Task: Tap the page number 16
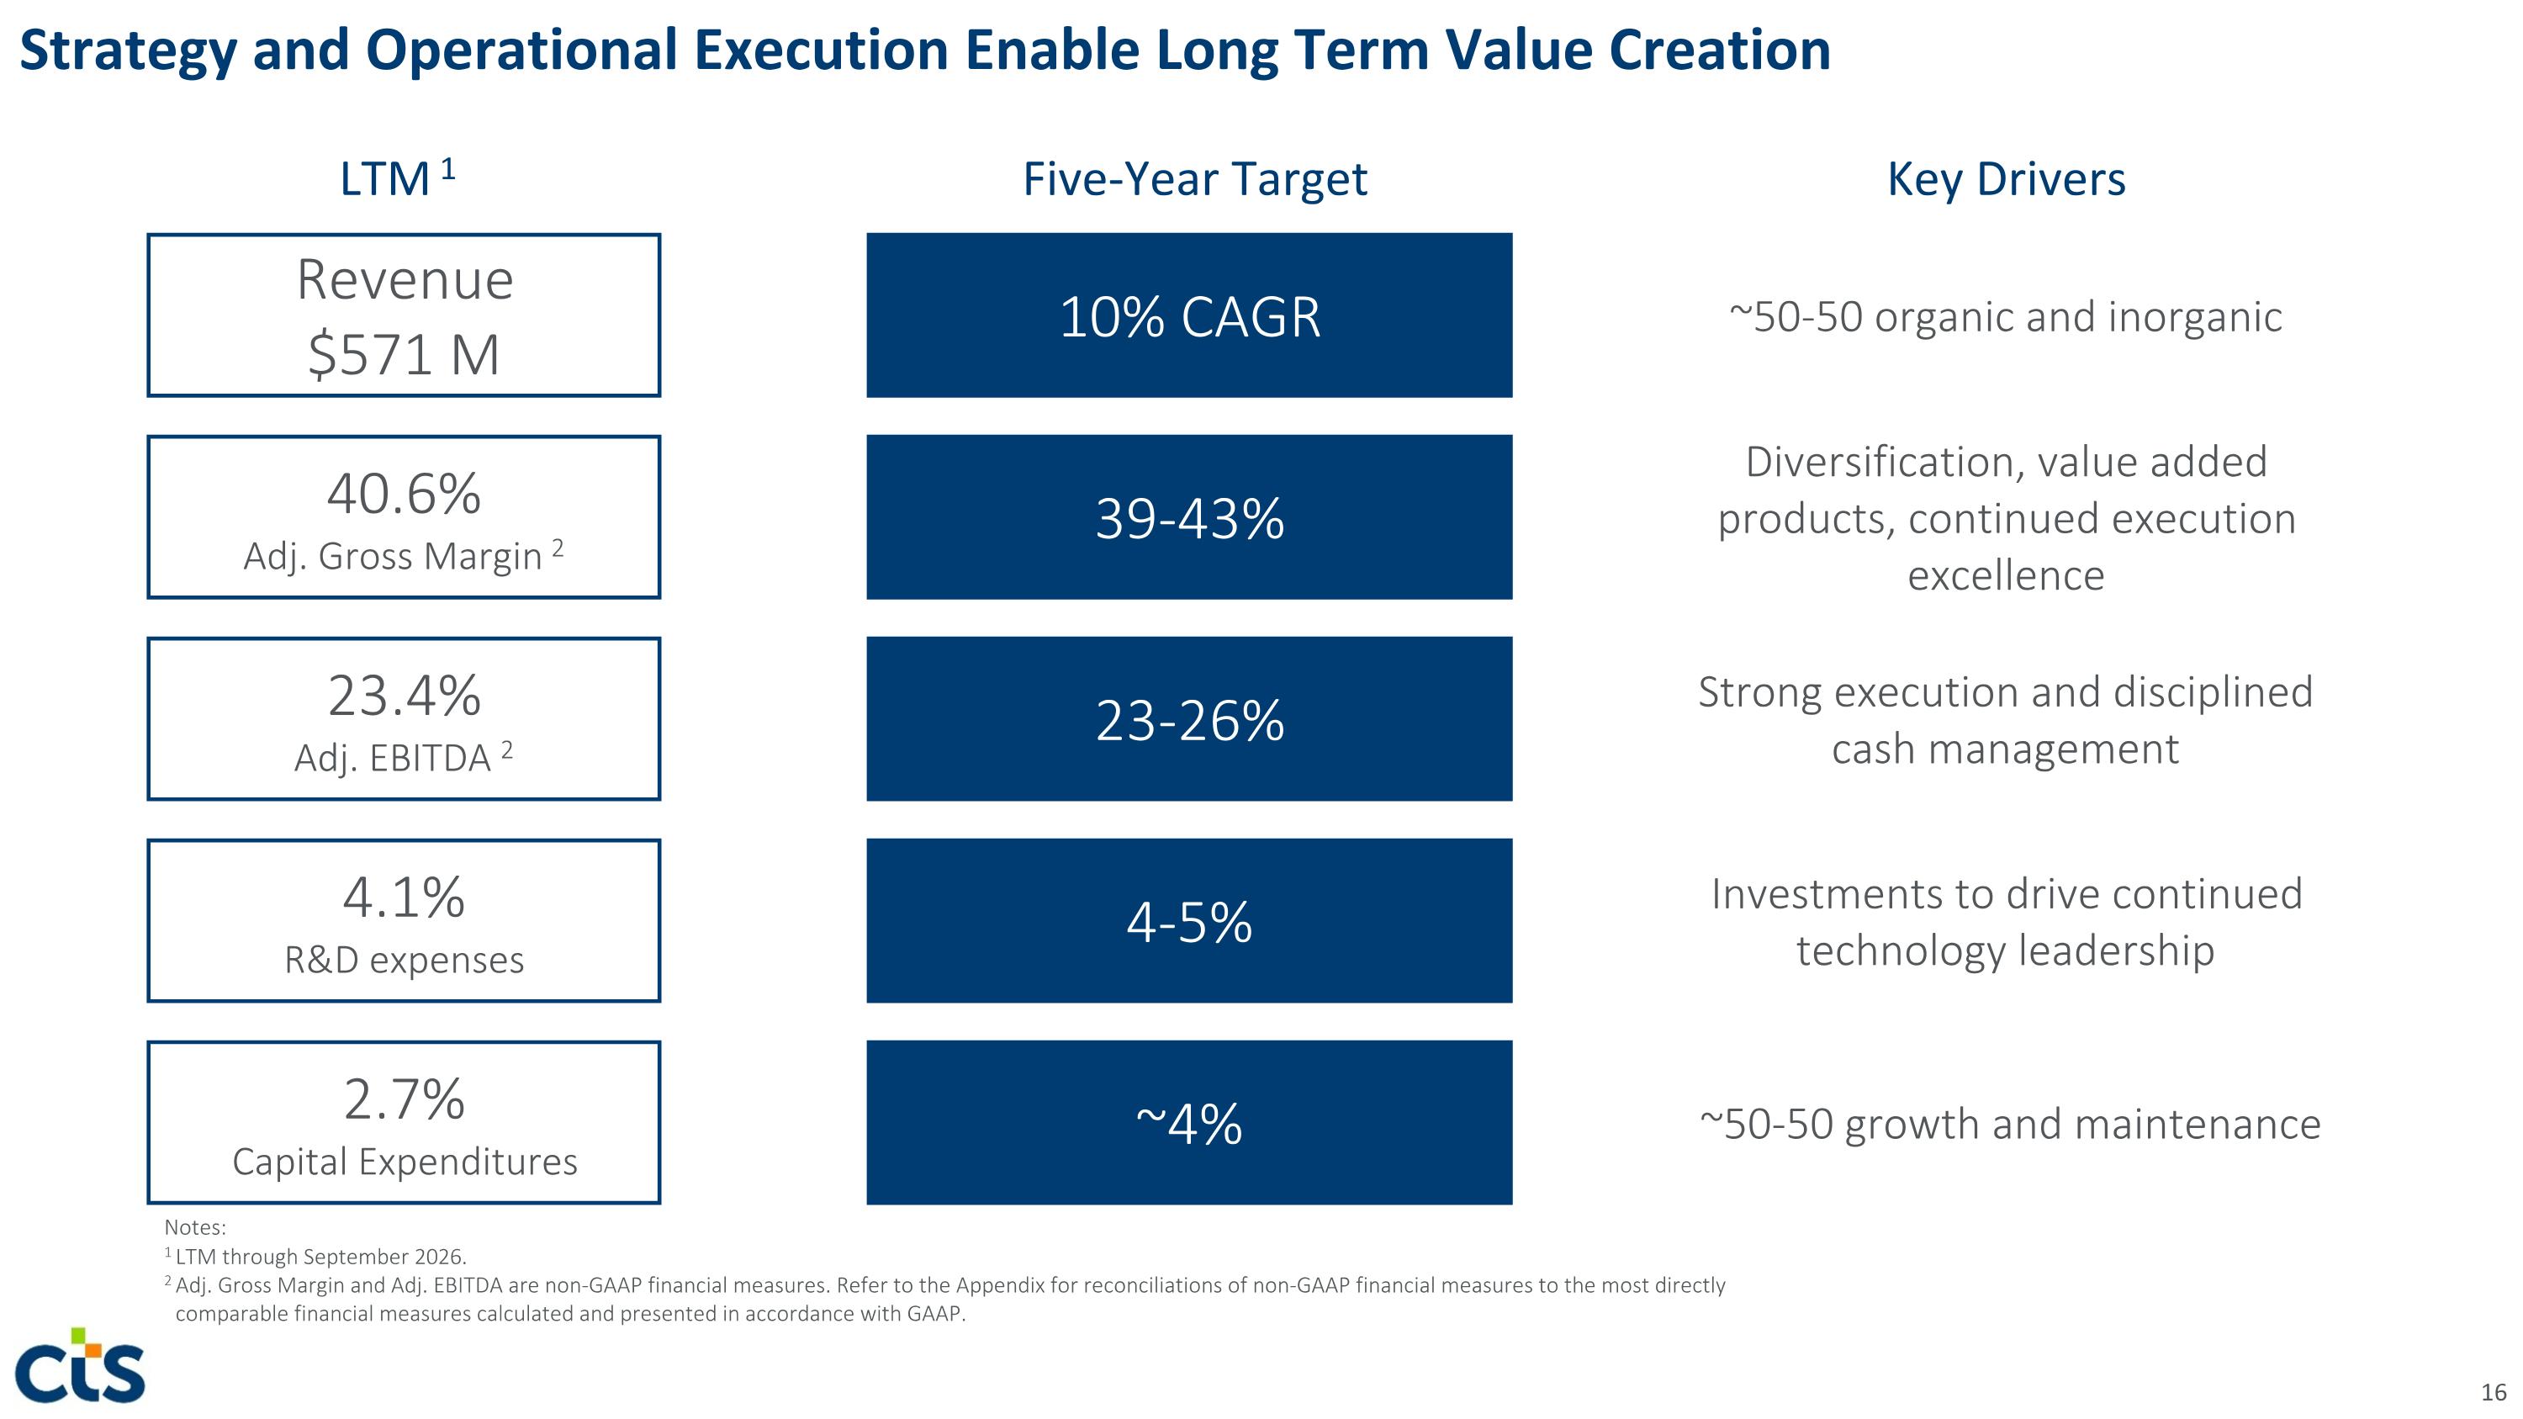pyautogui.click(x=2494, y=1391)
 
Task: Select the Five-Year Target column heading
pyautogui.click(x=1195, y=179)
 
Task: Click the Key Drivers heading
pyautogui.click(x=2006, y=179)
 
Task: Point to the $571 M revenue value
pyautogui.click(x=404, y=353)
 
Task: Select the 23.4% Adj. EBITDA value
pyautogui.click(x=404, y=696)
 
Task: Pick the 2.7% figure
pyautogui.click(x=404, y=1099)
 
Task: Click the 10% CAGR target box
pyautogui.click(x=1189, y=315)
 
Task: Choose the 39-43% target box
pyautogui.click(x=1189, y=517)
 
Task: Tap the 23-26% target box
pyautogui.click(x=1189, y=719)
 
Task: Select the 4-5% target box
pyautogui.click(x=1189, y=920)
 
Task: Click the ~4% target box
pyautogui.click(x=1189, y=1122)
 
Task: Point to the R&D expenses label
pyautogui.click(x=404, y=960)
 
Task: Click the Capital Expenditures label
pyautogui.click(x=405, y=1162)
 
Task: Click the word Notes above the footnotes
pyautogui.click(x=195, y=1227)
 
